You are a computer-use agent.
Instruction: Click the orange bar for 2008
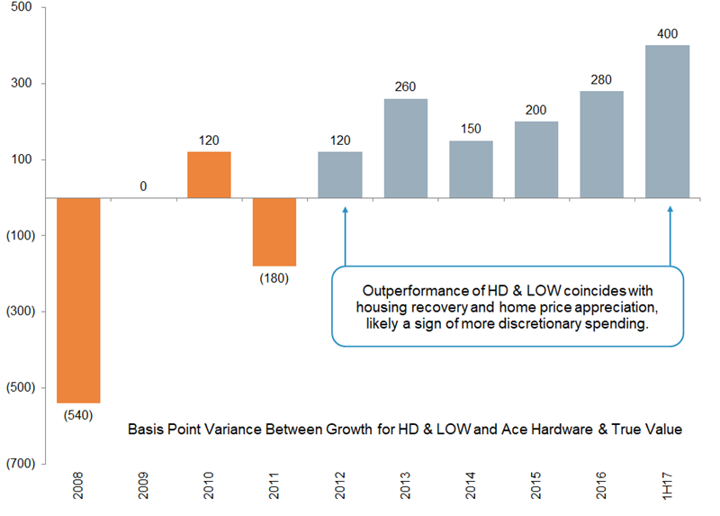(x=78, y=300)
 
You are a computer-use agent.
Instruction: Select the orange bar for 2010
(x=210, y=175)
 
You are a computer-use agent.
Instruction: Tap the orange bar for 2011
(x=274, y=231)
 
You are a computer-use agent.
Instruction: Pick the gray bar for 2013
(x=406, y=148)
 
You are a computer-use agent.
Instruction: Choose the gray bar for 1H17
(x=668, y=122)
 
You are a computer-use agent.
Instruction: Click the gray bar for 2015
(x=536, y=159)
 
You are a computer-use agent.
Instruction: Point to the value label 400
(x=668, y=34)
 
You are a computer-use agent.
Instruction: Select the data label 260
(x=406, y=87)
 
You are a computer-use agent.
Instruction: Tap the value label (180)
(x=274, y=277)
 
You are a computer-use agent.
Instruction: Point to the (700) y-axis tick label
(x=17, y=463)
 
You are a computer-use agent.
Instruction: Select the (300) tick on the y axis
(x=17, y=312)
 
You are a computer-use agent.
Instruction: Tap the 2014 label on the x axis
(x=472, y=490)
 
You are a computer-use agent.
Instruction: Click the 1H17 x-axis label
(x=668, y=490)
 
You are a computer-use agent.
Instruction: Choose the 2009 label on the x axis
(x=144, y=490)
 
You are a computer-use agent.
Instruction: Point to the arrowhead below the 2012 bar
(x=344, y=212)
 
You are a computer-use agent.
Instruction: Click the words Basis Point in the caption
(x=164, y=430)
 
